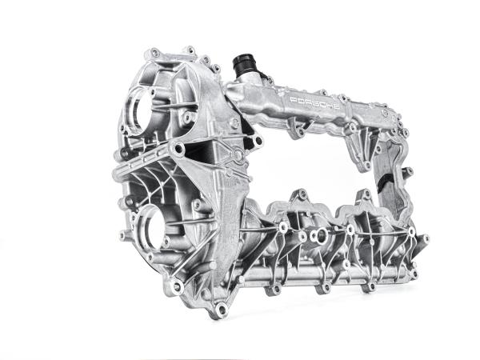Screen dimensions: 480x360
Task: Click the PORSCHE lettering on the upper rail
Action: point(314,103)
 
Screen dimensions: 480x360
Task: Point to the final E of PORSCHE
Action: point(337,107)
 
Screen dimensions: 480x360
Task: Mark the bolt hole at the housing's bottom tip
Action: point(222,309)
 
